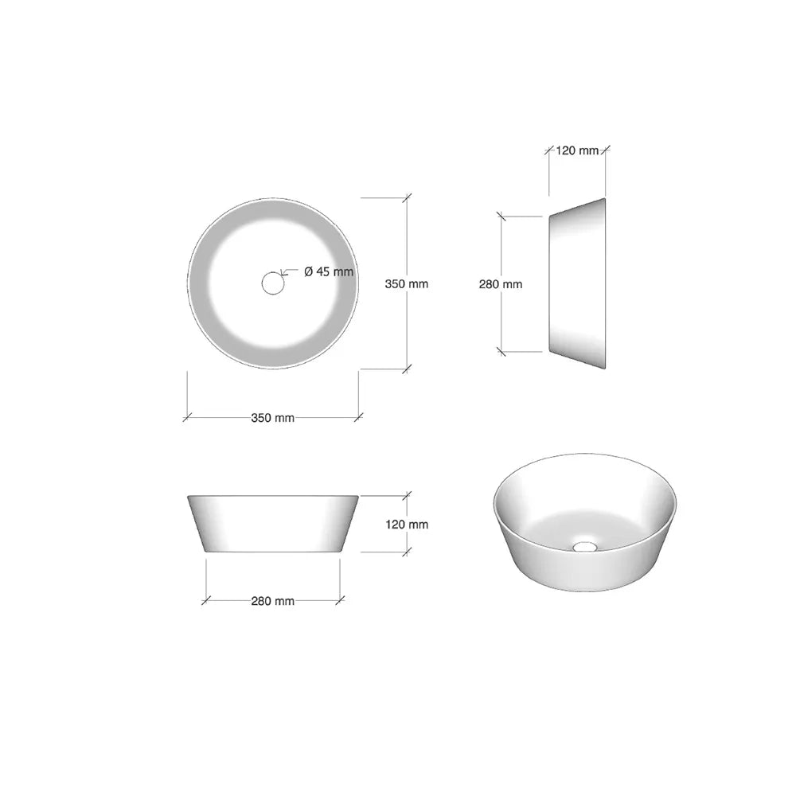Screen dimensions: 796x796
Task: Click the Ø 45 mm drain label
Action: [x=329, y=271]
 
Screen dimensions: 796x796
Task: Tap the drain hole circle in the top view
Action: [x=272, y=283]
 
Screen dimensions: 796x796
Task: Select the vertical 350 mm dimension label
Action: [x=406, y=284]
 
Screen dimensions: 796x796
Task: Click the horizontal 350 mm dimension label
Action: [x=272, y=418]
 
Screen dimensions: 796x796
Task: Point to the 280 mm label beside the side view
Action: [x=501, y=284]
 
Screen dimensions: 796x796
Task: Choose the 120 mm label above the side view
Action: [x=577, y=150]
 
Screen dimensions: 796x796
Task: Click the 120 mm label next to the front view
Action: [x=407, y=524]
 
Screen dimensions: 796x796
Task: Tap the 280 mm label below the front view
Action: [x=272, y=601]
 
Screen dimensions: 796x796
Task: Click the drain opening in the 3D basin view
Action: [x=585, y=546]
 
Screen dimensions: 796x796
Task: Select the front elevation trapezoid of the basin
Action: [x=273, y=524]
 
